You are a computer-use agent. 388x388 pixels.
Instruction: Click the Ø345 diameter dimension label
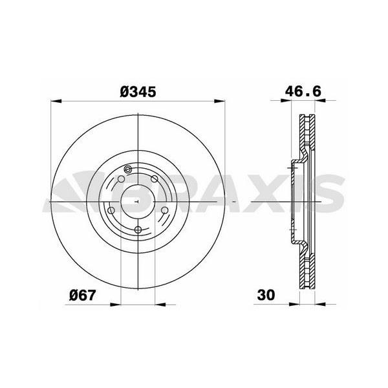pyautogui.click(x=138, y=92)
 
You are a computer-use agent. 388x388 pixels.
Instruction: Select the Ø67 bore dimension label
pyautogui.click(x=82, y=295)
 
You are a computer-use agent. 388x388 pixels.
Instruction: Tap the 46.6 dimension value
pyautogui.click(x=303, y=91)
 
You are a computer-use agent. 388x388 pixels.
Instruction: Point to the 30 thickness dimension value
pyautogui.click(x=266, y=295)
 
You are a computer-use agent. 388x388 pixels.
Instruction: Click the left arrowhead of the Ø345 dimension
pyautogui.click(x=56, y=102)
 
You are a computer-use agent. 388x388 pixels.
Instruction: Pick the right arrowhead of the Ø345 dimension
pyautogui.click(x=220, y=102)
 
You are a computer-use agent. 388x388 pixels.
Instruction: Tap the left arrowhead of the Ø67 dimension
pyautogui.click(x=115, y=305)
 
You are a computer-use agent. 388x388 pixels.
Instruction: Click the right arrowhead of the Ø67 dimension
pyautogui.click(x=160, y=305)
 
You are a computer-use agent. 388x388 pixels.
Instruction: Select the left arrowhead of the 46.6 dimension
pyautogui.click(x=286, y=100)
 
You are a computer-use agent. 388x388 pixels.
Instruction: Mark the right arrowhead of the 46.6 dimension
pyautogui.click(x=320, y=100)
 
